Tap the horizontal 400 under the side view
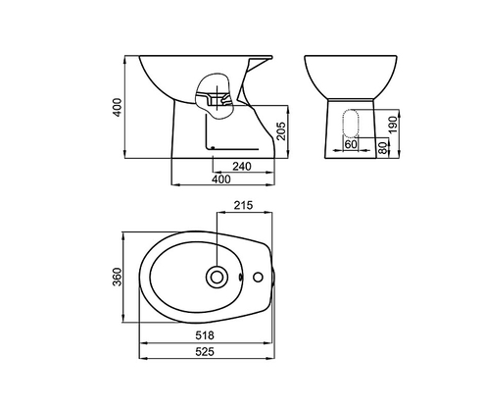(223, 180)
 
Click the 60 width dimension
(351, 143)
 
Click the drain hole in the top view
(216, 278)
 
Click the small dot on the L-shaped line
(213, 149)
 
